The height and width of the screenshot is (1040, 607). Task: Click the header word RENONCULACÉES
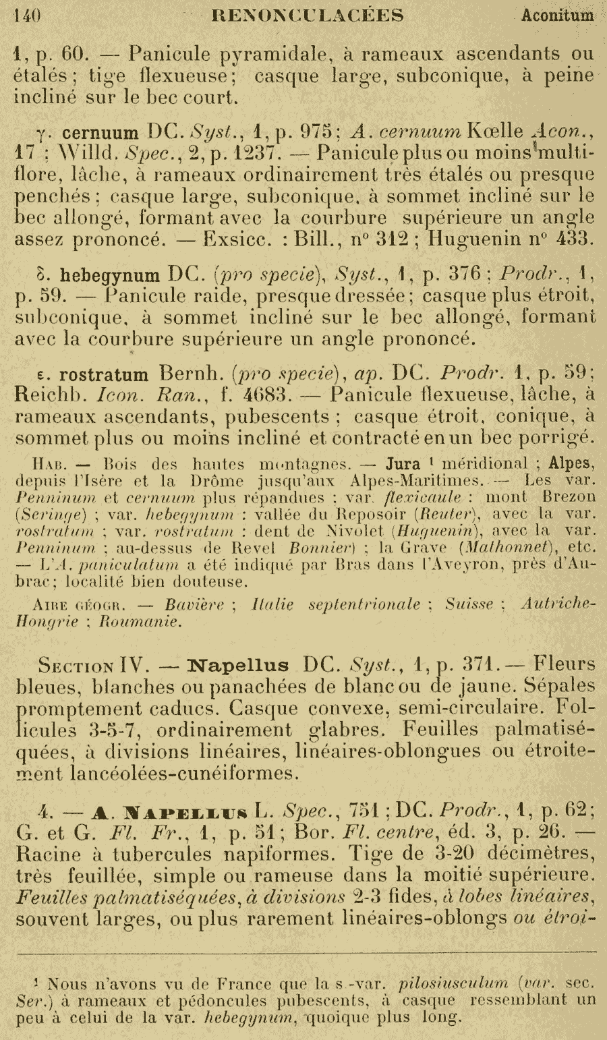[308, 15]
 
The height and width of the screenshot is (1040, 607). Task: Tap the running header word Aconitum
[557, 15]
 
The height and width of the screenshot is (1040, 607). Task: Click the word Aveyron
[490, 564]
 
